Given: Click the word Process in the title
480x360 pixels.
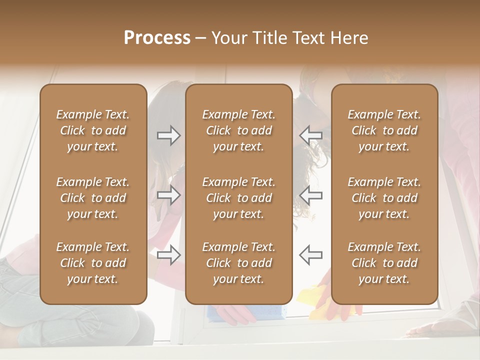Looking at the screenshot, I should (157, 38).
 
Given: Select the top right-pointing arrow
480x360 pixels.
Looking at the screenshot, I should (168, 135).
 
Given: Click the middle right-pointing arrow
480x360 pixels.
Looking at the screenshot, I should (168, 195).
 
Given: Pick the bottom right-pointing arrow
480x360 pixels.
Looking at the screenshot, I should (168, 255).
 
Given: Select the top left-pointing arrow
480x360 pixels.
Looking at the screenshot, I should (310, 135).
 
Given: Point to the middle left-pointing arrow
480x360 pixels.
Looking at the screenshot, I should (310, 195).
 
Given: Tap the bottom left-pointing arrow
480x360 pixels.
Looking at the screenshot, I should (310, 255).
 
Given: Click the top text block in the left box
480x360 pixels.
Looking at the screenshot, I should (93, 130).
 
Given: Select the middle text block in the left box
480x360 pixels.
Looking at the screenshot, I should (93, 198).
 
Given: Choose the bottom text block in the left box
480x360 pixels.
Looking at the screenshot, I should (93, 263).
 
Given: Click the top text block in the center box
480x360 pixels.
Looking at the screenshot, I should (239, 130).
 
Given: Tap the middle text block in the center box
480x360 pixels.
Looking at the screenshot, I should (239, 198).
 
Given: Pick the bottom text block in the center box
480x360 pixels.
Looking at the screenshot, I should (239, 263).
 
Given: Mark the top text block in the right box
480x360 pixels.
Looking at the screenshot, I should (384, 130).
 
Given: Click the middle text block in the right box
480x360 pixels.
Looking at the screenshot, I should (384, 198).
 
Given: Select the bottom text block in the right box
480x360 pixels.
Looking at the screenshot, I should (384, 263).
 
